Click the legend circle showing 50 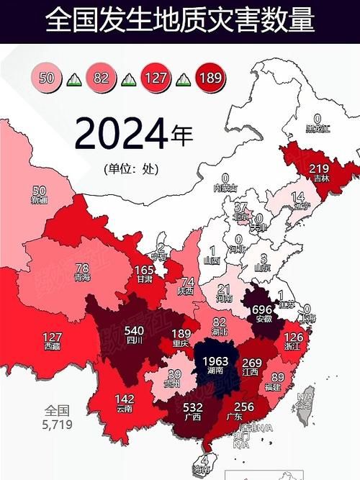tap(47, 78)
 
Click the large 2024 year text tap(120, 134)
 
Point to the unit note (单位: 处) tap(130, 169)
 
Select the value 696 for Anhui tap(262, 308)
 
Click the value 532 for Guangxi tap(192, 408)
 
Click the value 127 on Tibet tap(52, 335)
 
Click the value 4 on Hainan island tap(205, 460)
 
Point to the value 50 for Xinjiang tap(40, 190)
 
